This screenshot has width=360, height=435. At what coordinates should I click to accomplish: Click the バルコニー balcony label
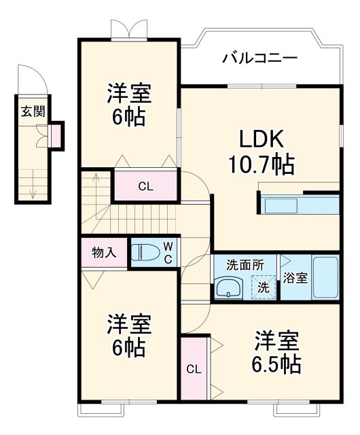pyautogui.click(x=259, y=58)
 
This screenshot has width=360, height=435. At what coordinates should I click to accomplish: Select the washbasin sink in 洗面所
pyautogui.click(x=230, y=288)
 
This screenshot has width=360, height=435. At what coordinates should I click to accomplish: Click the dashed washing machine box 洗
pyautogui.click(x=263, y=287)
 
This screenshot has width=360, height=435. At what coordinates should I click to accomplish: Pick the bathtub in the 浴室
pyautogui.click(x=325, y=277)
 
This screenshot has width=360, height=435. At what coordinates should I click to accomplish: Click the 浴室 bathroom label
pyautogui.click(x=295, y=277)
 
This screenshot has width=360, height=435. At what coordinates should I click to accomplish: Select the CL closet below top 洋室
pyautogui.click(x=145, y=186)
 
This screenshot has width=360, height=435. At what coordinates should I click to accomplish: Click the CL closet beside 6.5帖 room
pyautogui.click(x=194, y=370)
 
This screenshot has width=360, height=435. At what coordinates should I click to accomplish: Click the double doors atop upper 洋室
pyautogui.click(x=128, y=29)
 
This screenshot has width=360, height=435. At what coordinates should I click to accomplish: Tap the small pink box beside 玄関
pyautogui.click(x=56, y=136)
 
